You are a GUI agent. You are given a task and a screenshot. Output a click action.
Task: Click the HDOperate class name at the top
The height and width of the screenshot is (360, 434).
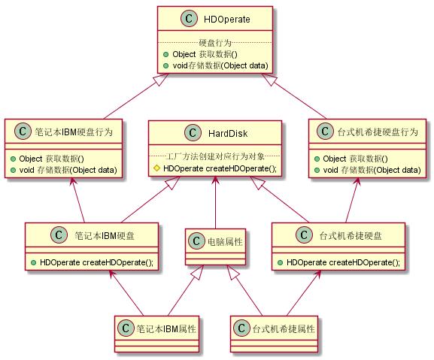coord(226,19)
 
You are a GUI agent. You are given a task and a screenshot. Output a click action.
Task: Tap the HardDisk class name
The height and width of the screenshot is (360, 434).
coord(228,133)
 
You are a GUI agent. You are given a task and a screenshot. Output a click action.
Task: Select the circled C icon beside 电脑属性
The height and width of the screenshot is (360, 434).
coord(196,241)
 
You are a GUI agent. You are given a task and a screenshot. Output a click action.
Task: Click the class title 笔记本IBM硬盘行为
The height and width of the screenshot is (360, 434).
coord(74,132)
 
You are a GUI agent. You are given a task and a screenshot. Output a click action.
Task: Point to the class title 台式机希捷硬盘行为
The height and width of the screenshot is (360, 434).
coord(378,132)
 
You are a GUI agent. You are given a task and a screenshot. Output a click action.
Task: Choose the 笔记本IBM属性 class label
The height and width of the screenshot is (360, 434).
coord(166,328)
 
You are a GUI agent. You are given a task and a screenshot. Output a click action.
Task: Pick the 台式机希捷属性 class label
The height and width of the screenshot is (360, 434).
coord(284,328)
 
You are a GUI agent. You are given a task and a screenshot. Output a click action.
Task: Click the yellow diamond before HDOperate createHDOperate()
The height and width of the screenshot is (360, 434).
coord(156,168)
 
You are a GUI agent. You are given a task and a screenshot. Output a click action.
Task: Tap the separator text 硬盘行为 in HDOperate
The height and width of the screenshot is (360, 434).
coord(215,43)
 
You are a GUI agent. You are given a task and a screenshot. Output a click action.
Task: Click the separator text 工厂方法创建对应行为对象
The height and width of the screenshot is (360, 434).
coord(215,156)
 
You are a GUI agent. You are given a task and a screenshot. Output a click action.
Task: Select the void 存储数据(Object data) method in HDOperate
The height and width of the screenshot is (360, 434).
coord(220,65)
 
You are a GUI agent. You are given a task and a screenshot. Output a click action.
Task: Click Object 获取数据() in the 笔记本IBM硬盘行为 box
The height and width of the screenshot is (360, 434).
coord(51,159)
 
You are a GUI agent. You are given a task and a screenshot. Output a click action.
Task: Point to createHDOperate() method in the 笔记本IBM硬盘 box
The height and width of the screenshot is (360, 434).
coord(96,262)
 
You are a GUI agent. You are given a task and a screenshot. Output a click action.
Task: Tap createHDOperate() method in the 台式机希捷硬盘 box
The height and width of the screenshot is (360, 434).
coord(343,262)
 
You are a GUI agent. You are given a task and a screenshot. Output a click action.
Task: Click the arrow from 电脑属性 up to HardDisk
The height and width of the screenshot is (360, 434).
coord(215,202)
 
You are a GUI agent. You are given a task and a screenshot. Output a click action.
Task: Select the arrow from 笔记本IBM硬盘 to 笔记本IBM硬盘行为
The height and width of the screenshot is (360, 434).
coord(78,200)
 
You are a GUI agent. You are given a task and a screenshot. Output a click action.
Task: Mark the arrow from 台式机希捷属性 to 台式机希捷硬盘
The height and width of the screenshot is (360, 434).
coord(304,293)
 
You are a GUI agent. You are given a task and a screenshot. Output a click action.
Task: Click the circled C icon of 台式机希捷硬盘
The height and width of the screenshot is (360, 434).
coord(304,234)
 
